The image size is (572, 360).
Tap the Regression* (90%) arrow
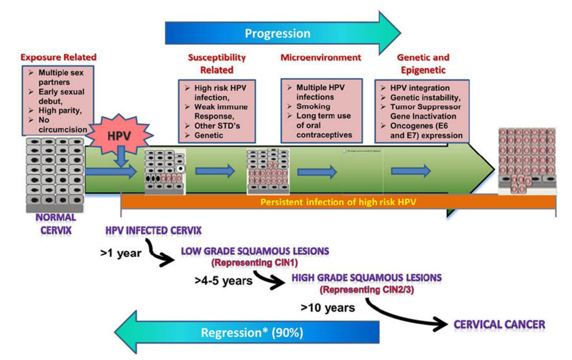point(251,333)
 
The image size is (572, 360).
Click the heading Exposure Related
point(58,57)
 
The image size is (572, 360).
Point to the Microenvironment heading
point(321,57)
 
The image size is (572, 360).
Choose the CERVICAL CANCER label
point(499,324)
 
